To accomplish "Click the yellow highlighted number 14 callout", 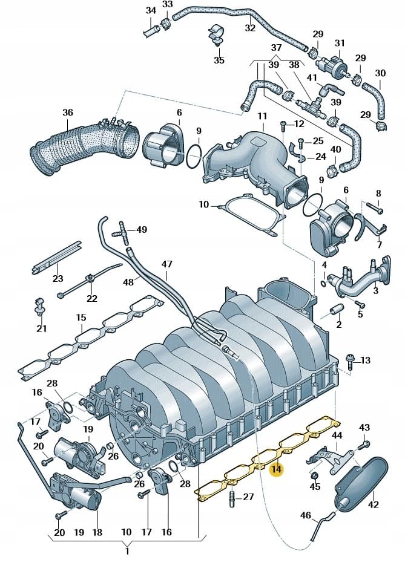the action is (276, 469).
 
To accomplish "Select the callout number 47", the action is (166, 264).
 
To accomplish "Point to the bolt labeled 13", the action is (350, 362).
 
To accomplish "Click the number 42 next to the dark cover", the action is (373, 504).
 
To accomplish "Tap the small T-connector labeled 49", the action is (123, 232).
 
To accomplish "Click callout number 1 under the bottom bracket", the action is (127, 550).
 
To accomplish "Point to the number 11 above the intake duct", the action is (262, 116).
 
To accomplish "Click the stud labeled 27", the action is (232, 497).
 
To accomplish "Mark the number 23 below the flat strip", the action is (58, 278).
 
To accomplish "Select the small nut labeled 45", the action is (314, 476).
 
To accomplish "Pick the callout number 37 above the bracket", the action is (276, 48).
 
